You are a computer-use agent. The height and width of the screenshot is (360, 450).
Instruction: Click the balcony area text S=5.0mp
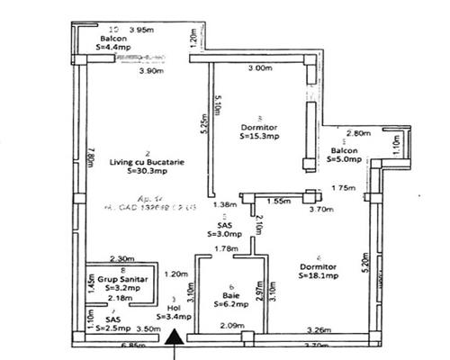tap(344, 159)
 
